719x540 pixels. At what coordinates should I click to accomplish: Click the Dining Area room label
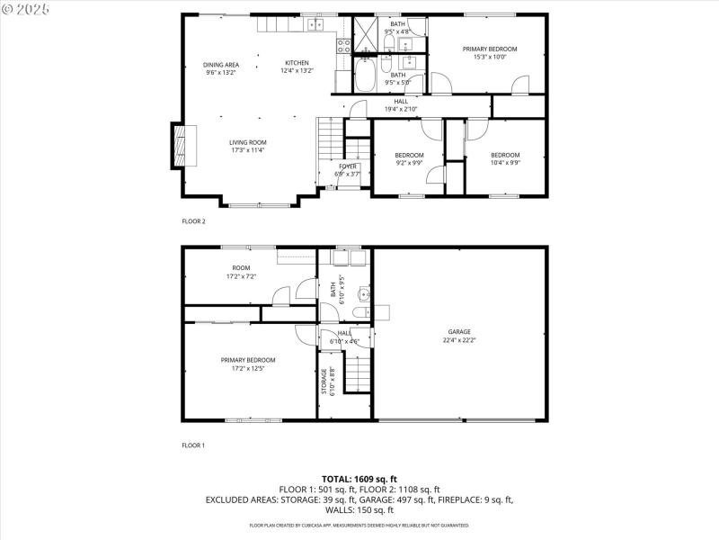(220, 68)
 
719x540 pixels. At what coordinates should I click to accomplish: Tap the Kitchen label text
(297, 67)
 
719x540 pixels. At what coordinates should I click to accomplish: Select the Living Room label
(247, 146)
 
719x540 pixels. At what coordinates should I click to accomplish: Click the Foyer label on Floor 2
(348, 170)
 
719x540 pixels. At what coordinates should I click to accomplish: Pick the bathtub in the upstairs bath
(364, 76)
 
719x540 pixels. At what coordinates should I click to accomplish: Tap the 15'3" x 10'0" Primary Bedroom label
(490, 52)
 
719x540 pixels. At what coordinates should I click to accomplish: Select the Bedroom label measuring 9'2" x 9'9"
(409, 159)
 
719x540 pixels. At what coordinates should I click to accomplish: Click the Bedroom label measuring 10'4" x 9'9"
(505, 159)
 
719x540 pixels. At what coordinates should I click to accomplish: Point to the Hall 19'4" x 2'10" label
(401, 105)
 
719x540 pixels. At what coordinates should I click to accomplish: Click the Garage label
(458, 336)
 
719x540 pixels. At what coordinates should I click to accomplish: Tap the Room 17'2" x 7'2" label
(241, 272)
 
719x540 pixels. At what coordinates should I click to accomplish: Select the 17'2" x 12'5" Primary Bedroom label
(248, 364)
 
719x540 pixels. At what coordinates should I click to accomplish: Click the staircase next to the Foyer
(328, 148)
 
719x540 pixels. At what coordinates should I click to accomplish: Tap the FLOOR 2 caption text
(193, 220)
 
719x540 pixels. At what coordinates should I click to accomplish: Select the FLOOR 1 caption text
(193, 445)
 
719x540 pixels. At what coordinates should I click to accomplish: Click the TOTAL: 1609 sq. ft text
(359, 479)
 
